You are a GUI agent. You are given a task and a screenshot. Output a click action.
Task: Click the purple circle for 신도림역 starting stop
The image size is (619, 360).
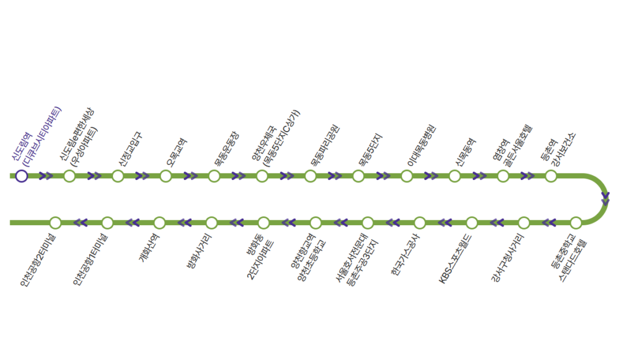click(x=21, y=176)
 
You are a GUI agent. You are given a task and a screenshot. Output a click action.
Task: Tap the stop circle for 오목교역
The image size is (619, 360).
click(x=166, y=176)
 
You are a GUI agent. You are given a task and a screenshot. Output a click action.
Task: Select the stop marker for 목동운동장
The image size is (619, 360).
click(x=214, y=176)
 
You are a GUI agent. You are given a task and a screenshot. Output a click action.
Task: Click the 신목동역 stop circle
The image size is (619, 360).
click(x=455, y=176)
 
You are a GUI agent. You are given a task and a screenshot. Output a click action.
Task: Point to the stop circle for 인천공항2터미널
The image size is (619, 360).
click(x=55, y=223)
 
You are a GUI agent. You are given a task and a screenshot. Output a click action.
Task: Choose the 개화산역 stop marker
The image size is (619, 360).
click(x=160, y=223)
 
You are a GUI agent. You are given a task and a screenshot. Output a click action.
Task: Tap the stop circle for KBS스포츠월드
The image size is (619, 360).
click(x=472, y=223)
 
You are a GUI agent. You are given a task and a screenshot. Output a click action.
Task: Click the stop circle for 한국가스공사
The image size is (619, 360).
click(x=420, y=223)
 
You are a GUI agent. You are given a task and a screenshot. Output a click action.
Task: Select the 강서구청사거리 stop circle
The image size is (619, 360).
click(x=524, y=223)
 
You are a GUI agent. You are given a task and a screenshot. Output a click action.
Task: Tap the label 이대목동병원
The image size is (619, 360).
click(x=421, y=146)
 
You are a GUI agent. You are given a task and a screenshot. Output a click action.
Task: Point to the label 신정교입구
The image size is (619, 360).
click(x=130, y=149)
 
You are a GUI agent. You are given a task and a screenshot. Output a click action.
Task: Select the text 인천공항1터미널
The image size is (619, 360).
click(x=91, y=259)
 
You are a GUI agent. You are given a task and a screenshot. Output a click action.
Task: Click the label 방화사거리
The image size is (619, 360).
click(x=199, y=251)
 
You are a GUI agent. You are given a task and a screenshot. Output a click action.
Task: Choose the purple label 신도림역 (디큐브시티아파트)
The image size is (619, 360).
click(x=36, y=136)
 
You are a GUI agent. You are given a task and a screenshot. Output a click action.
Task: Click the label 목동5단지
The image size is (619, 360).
click(x=370, y=149)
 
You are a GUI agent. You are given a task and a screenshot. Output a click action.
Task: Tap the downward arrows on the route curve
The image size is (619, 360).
click(x=605, y=198)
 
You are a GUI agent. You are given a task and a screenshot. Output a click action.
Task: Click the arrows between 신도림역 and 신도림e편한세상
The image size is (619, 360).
click(x=46, y=176)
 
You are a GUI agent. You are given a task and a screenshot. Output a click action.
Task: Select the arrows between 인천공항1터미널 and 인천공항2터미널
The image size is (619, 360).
click(x=80, y=223)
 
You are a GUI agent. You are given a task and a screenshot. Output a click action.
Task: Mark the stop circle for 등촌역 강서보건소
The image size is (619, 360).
click(x=551, y=176)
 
